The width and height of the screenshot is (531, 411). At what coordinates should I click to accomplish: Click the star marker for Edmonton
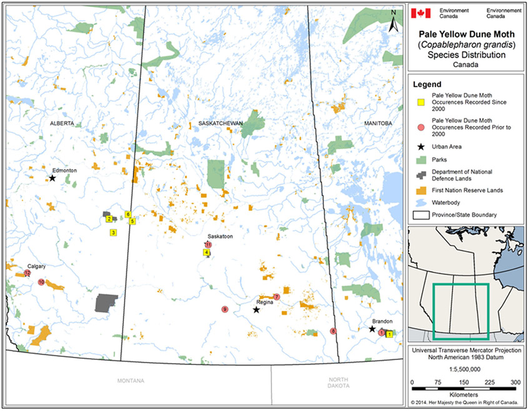pyautogui.click(x=52, y=178)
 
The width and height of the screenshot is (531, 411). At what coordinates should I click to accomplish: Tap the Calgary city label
pyautogui.click(x=37, y=265)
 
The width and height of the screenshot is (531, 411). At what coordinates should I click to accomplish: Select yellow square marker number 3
pyautogui.click(x=113, y=232)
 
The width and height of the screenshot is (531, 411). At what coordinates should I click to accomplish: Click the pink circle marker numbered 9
pyautogui.click(x=225, y=309)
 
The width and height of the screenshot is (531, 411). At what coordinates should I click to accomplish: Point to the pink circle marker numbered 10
pyautogui.click(x=41, y=282)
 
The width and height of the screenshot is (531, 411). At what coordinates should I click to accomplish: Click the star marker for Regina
pyautogui.click(x=256, y=310)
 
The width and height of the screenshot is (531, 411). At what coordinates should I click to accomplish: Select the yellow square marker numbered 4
pyautogui.click(x=206, y=252)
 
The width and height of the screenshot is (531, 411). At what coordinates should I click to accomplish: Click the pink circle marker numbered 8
pyautogui.click(x=334, y=331)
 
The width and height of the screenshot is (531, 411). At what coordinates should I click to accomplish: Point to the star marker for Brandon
pyautogui.click(x=372, y=329)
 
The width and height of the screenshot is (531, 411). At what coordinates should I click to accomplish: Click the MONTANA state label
pyautogui.click(x=132, y=380)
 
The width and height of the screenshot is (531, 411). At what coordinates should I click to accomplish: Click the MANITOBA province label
pyautogui.click(x=378, y=124)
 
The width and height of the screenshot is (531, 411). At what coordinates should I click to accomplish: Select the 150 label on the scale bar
pyautogui.click(x=464, y=382)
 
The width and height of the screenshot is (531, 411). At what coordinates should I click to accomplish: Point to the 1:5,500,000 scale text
pyautogui.click(x=464, y=369)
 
